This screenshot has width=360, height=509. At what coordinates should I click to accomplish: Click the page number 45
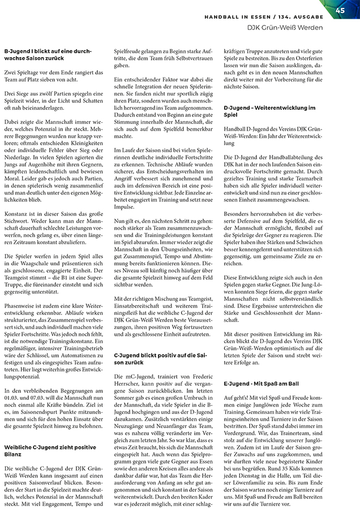340,10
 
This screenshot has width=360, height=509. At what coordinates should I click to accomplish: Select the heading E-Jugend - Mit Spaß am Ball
260,384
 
